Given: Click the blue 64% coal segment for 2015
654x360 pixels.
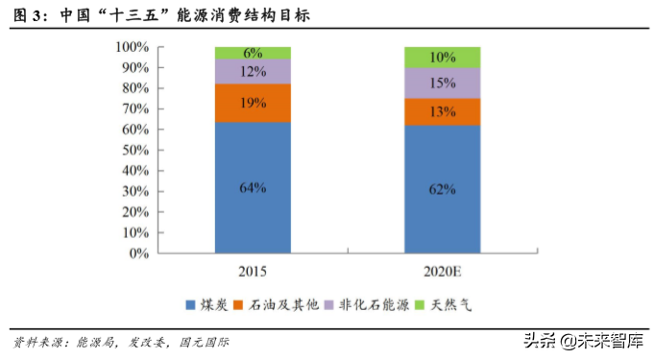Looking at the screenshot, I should point(253,187).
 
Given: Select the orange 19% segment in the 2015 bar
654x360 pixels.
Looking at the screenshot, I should point(253,103).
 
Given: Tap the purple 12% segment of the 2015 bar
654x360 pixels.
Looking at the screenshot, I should point(253,72).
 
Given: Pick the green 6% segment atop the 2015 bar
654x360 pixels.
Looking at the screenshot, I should point(253,53).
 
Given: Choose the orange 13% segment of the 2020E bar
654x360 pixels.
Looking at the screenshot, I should point(442,111).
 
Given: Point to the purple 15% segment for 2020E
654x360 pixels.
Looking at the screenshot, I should point(442,83).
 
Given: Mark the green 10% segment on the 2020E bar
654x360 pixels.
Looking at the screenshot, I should point(442,57).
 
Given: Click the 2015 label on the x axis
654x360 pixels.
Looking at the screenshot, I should point(253,272).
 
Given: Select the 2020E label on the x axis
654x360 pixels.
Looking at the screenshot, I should point(442,272).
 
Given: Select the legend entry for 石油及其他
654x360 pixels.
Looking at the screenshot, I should point(279,306).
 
